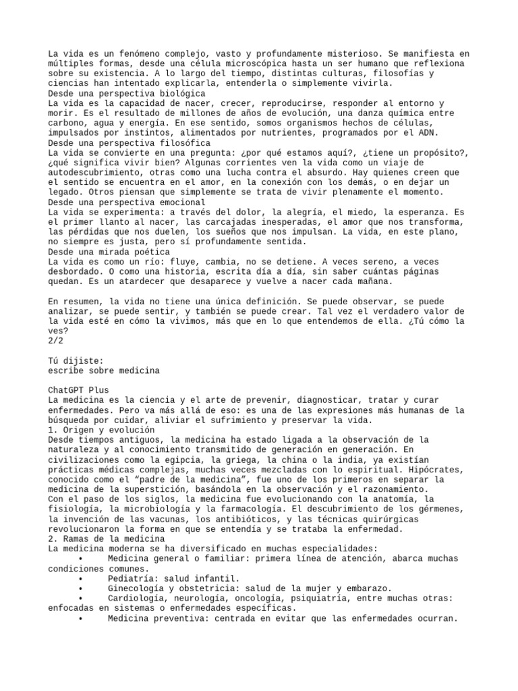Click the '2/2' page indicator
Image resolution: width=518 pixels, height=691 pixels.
tap(57, 341)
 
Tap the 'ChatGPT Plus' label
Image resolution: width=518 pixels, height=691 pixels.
tap(79, 391)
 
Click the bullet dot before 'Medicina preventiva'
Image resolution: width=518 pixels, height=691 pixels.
tap(80, 617)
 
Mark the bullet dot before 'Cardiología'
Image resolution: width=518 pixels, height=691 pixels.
tap(80, 598)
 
